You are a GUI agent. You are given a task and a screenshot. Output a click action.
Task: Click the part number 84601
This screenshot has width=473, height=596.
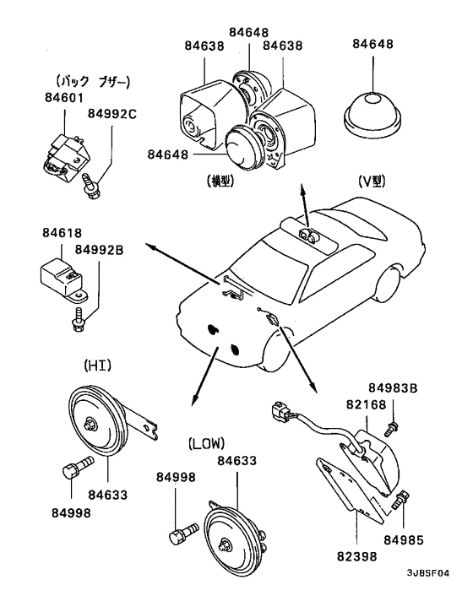click(64, 98)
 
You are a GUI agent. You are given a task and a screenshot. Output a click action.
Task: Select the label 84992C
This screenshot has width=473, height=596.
click(112, 114)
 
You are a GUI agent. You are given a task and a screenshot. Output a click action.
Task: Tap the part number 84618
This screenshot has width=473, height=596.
click(62, 233)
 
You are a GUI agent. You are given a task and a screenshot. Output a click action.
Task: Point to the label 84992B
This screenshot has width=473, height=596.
click(99, 250)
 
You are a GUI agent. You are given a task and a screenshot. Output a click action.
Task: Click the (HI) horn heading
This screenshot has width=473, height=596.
click(97, 366)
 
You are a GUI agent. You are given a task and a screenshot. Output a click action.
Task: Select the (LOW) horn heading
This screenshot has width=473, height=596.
click(206, 443)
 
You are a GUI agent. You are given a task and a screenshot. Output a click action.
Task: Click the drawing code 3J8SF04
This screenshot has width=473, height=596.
click(427, 573)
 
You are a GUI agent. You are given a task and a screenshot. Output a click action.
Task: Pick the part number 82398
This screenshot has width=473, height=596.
click(356, 556)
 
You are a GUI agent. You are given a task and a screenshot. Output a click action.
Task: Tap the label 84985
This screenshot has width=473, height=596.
click(404, 539)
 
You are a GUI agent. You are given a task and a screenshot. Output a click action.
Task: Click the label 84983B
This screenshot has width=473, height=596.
click(393, 388)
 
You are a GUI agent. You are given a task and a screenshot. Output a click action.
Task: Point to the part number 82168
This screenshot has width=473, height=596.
click(367, 404)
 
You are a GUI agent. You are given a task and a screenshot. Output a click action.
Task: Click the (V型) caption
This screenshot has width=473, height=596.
click(372, 182)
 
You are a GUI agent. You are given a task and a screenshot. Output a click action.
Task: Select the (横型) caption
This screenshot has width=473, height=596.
click(220, 181)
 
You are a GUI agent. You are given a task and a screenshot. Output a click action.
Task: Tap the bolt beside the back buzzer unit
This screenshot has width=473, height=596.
click(91, 186)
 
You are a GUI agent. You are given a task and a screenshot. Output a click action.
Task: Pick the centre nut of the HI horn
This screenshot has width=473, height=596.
click(90, 424)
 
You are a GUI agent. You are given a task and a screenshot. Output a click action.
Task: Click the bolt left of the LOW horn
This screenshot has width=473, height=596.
click(183, 533)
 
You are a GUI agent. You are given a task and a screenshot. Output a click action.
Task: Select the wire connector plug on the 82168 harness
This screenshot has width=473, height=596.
click(281, 412)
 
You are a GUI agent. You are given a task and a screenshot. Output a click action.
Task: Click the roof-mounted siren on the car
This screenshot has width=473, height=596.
click(308, 235)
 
